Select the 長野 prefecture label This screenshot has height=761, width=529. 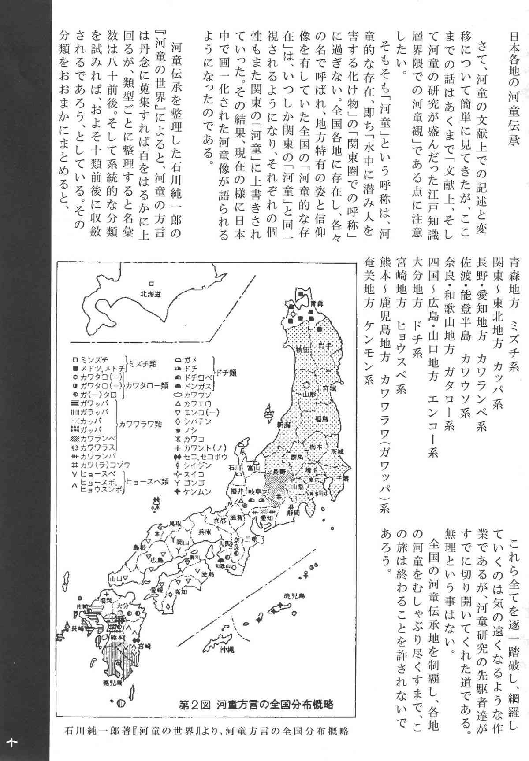coord(279,471)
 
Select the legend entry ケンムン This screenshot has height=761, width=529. coord(197,491)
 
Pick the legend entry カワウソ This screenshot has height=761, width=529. coord(197,394)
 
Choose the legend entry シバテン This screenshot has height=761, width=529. coord(198,421)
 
